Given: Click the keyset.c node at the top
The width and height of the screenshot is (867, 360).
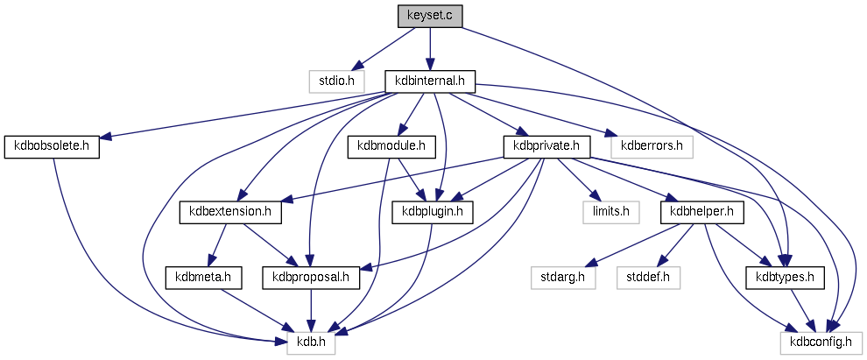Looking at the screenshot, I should coord(429,16).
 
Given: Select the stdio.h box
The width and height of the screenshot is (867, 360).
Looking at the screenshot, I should coord(335,81).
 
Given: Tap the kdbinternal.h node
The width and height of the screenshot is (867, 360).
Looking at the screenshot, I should coord(430,81).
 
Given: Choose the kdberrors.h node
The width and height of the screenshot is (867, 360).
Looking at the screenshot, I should coord(651,146).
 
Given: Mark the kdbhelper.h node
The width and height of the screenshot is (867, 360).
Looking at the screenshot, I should coord(706,211).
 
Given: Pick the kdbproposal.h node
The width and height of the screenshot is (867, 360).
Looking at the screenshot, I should coord(312,277).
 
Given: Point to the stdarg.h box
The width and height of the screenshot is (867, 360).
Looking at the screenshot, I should coord(563,277).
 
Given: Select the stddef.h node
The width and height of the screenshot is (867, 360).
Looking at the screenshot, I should coord(648,277).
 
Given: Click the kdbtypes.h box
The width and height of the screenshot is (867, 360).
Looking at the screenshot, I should coord(785,277).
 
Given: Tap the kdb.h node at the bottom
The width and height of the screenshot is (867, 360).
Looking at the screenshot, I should coord(311,342).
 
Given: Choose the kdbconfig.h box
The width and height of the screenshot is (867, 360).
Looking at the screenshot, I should coord(821,342).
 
